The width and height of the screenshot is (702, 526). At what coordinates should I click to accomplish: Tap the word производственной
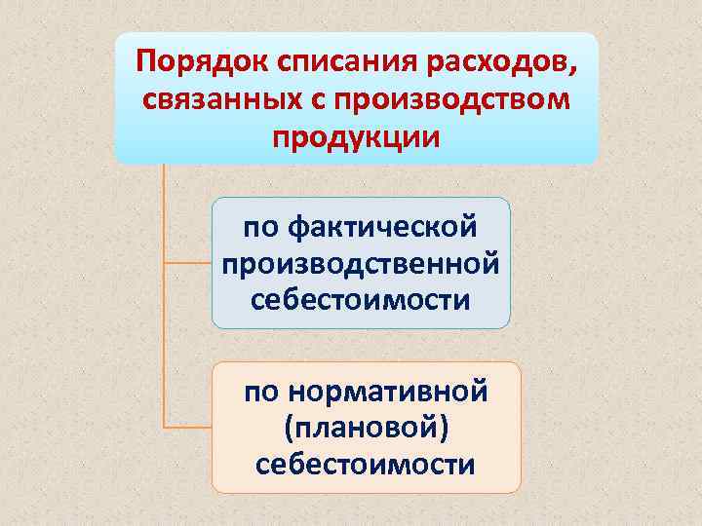click(x=361, y=262)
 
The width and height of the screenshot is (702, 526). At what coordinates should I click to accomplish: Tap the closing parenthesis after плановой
click(x=445, y=429)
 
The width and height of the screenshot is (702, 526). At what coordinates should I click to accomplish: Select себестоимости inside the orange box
click(x=365, y=464)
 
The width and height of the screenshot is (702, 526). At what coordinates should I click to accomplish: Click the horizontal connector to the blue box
click(x=187, y=263)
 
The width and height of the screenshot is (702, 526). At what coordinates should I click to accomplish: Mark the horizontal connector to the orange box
click(x=187, y=428)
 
